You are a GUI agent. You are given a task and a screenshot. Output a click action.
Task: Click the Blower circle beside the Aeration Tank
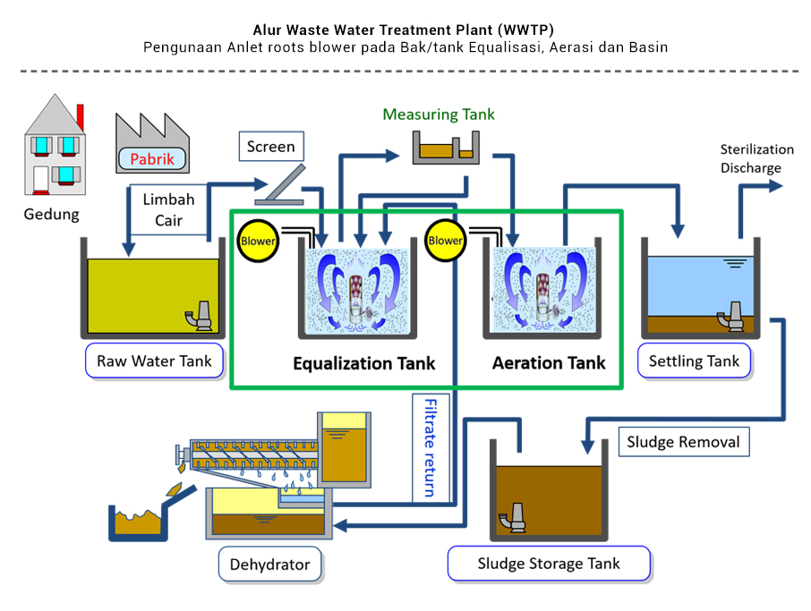click(x=446, y=240)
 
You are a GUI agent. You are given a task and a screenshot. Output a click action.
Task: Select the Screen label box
click(x=270, y=147)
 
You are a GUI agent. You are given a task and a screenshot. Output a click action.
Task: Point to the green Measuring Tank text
click(x=439, y=115)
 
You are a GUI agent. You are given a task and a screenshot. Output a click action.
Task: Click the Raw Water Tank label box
click(x=154, y=361)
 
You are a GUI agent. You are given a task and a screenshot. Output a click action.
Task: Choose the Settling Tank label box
click(x=695, y=361)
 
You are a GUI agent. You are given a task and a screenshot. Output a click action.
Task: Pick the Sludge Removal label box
click(x=684, y=442)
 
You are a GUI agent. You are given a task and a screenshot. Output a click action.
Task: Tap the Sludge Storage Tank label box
click(x=549, y=564)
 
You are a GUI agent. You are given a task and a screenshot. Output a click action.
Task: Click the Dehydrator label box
click(x=270, y=564)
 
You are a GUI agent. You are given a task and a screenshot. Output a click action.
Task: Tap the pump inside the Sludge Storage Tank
click(x=516, y=516)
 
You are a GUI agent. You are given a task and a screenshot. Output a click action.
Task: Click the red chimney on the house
click(x=81, y=116)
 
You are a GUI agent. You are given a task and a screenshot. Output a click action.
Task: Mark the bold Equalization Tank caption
click(x=364, y=363)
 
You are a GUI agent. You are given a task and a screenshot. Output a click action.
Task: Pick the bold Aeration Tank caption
click(x=549, y=363)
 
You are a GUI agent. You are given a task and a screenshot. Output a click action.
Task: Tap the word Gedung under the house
click(x=51, y=215)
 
